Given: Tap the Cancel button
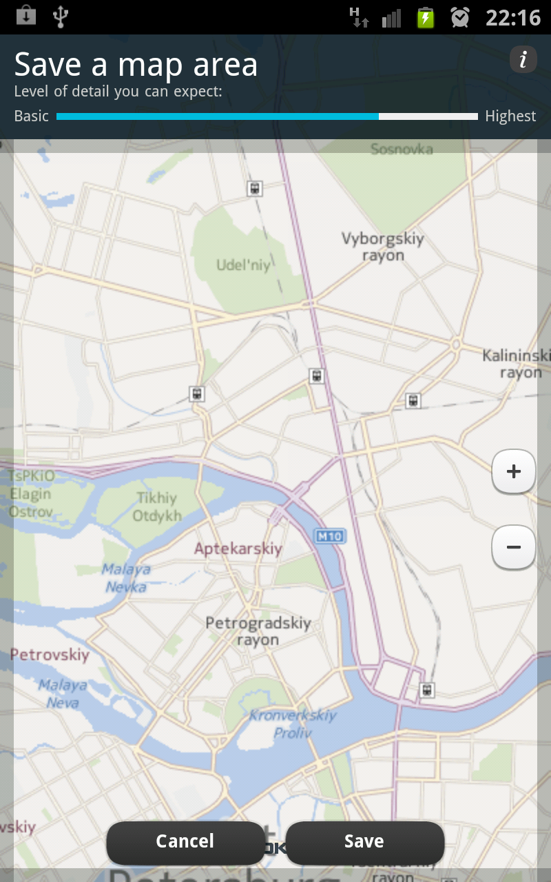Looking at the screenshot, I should pos(185,841).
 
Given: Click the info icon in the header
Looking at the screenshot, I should pos(523,60).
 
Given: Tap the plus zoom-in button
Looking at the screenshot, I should pos(514,472).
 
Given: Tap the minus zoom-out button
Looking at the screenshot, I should pos(514,547).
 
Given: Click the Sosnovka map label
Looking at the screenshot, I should pos(402,149).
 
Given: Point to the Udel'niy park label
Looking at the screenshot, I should pos(244,265).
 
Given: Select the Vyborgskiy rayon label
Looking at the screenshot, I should pos(383,247).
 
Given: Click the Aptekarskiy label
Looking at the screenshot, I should pos(238,549).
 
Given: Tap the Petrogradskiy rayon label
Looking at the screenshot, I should pos(258,631).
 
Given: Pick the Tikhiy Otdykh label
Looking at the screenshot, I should pos(157,506).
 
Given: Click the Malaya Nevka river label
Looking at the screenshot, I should pos(126,578).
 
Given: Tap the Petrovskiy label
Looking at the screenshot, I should pos(50,655).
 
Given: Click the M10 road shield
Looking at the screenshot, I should pos(330,535).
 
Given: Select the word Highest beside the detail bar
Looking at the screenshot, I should pos(510,116).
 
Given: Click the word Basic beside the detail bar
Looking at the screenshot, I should pos(32,116).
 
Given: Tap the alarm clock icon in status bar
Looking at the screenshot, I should pos(460,17).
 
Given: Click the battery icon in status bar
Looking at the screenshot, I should pos(426,17).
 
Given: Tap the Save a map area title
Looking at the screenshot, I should pos(136,65).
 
